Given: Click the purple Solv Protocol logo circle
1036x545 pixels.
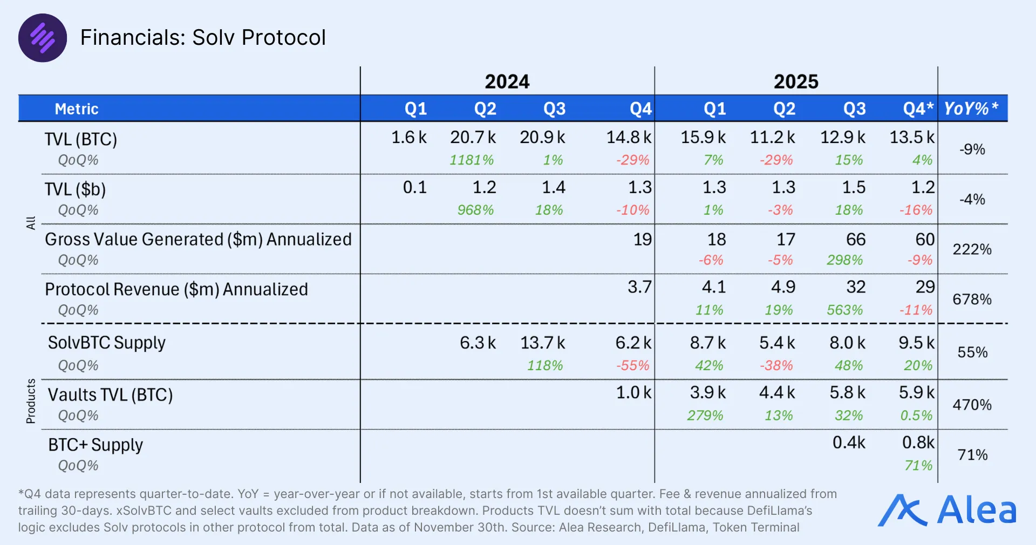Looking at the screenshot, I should click(43, 38).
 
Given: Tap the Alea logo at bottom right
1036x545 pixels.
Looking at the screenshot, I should click(948, 510).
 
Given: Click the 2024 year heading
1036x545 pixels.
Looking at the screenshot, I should click(507, 81).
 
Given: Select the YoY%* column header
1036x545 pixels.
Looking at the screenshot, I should click(971, 108).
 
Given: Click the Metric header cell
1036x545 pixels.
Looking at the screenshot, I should click(77, 109).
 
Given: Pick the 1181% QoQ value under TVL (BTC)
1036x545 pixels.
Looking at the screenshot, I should click(472, 160).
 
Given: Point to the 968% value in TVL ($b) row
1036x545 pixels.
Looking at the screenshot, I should click(475, 210).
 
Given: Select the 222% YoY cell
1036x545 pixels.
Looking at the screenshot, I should click(972, 249).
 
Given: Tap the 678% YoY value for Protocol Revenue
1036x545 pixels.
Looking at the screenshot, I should click(972, 299).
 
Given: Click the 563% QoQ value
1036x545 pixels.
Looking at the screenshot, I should click(844, 310).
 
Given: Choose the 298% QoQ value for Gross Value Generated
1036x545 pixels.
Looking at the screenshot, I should click(844, 260).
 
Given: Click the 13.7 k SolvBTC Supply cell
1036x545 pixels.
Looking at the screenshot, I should click(542, 343).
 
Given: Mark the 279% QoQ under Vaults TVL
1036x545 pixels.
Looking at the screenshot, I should click(705, 415).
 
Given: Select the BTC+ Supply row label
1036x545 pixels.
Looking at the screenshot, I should click(96, 445).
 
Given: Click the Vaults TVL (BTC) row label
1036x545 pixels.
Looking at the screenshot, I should click(110, 395).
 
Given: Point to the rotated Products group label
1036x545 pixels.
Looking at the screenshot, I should click(31, 401).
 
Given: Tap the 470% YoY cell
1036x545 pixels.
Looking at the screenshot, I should click(972, 405).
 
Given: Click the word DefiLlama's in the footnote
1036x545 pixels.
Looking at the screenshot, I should click(779, 510).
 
